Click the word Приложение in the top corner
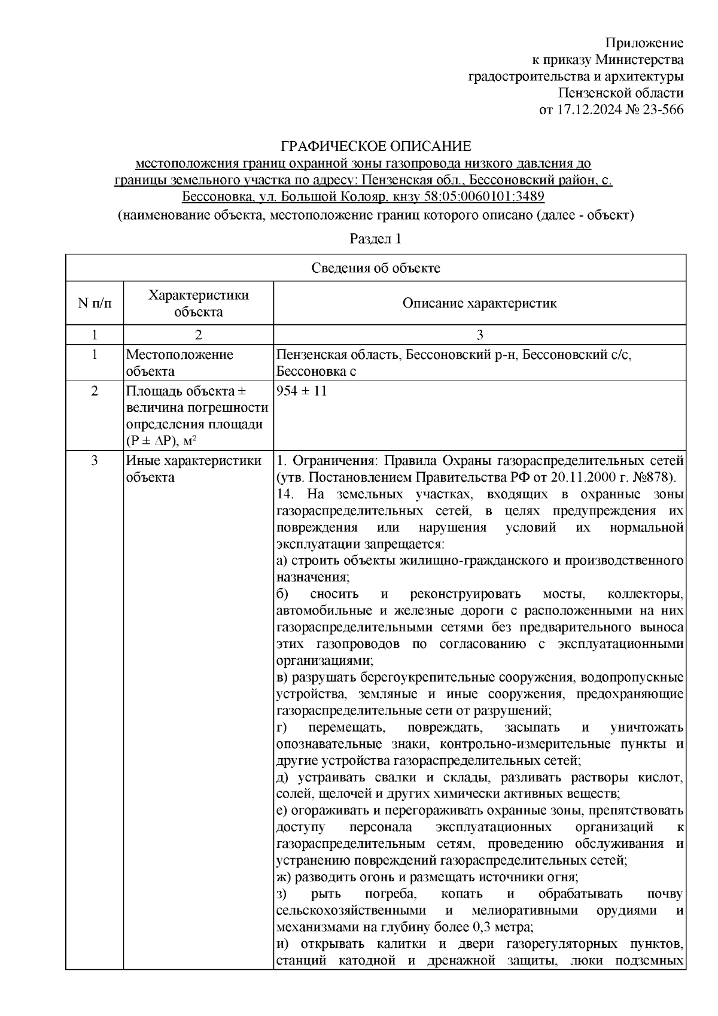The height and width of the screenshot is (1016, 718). (x=644, y=43)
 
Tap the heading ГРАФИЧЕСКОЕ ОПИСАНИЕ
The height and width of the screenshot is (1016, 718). (x=376, y=147)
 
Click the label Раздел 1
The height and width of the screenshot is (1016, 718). (x=375, y=239)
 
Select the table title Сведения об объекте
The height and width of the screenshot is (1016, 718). (x=375, y=268)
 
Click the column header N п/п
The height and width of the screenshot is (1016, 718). (x=95, y=303)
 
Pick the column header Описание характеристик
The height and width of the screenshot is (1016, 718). (x=479, y=303)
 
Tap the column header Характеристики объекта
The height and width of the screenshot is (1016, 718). (x=199, y=303)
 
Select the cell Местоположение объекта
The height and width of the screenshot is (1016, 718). (x=180, y=363)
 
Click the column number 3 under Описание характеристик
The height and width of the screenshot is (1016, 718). (x=479, y=334)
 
